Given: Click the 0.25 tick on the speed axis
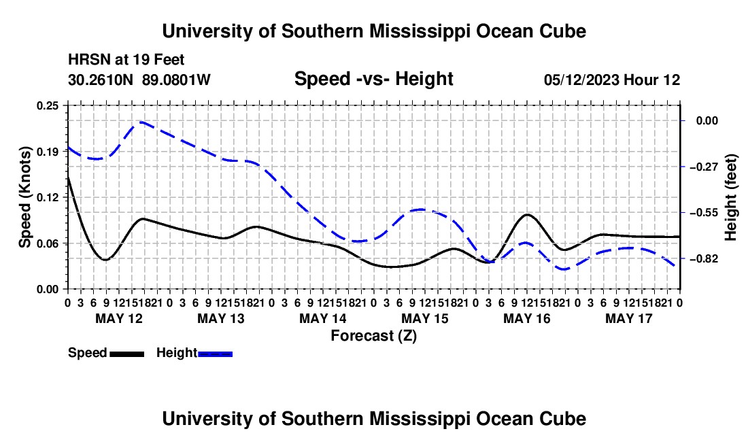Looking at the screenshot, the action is pyautogui.click(x=47, y=105).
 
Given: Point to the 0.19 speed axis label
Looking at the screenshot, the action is pyautogui.click(x=47, y=152).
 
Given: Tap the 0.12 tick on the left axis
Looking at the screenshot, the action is pyautogui.click(x=47, y=197).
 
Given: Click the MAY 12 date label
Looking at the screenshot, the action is pyautogui.click(x=119, y=318).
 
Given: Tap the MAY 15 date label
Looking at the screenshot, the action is pyautogui.click(x=425, y=318).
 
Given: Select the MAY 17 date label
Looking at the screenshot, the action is pyautogui.click(x=629, y=318).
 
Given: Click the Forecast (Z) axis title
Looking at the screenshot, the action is pyautogui.click(x=374, y=336).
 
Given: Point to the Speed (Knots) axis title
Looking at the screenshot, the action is pyautogui.click(x=24, y=197).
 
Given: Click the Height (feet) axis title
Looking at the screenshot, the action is pyautogui.click(x=731, y=197).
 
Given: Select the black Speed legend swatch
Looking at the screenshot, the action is pyautogui.click(x=127, y=354).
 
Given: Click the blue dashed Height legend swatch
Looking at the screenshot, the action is pyautogui.click(x=215, y=354).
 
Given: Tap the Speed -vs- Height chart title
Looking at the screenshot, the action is pyautogui.click(x=373, y=79).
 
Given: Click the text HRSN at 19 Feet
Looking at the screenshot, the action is pyautogui.click(x=126, y=60).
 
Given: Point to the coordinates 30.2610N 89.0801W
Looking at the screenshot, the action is pyautogui.click(x=139, y=80).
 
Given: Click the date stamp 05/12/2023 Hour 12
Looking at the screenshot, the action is pyautogui.click(x=612, y=80).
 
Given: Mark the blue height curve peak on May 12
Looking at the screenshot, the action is pyautogui.click(x=141, y=122).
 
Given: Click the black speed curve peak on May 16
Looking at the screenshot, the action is pyautogui.click(x=527, y=215).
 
